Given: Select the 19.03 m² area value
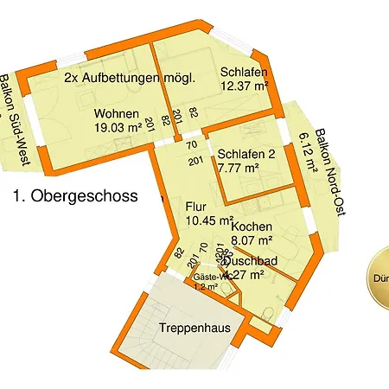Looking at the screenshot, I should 118,127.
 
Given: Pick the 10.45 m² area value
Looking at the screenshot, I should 210,222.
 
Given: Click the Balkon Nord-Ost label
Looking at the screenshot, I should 330,174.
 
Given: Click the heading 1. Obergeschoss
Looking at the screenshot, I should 75,196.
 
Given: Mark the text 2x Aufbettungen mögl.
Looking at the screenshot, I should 130,78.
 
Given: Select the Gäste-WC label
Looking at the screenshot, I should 210,277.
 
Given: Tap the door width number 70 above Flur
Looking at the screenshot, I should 192,145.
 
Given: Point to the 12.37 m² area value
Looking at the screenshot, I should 246,86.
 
